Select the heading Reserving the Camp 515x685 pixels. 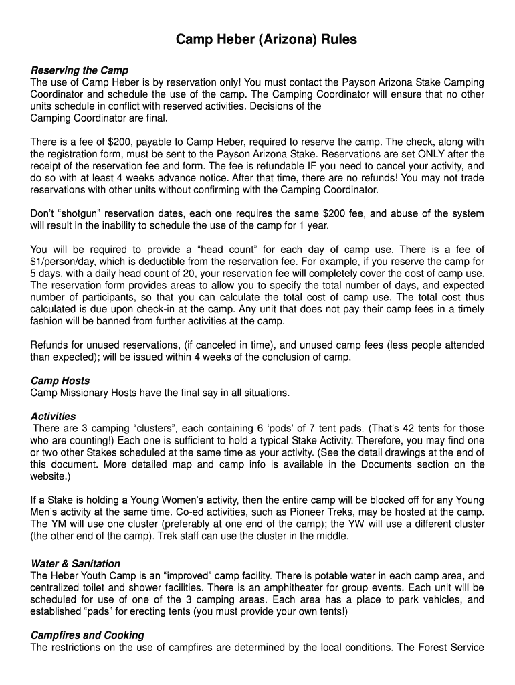(x=80, y=70)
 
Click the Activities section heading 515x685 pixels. (x=54, y=416)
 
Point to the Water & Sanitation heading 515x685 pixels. (x=76, y=563)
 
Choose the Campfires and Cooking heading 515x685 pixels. (x=87, y=635)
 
